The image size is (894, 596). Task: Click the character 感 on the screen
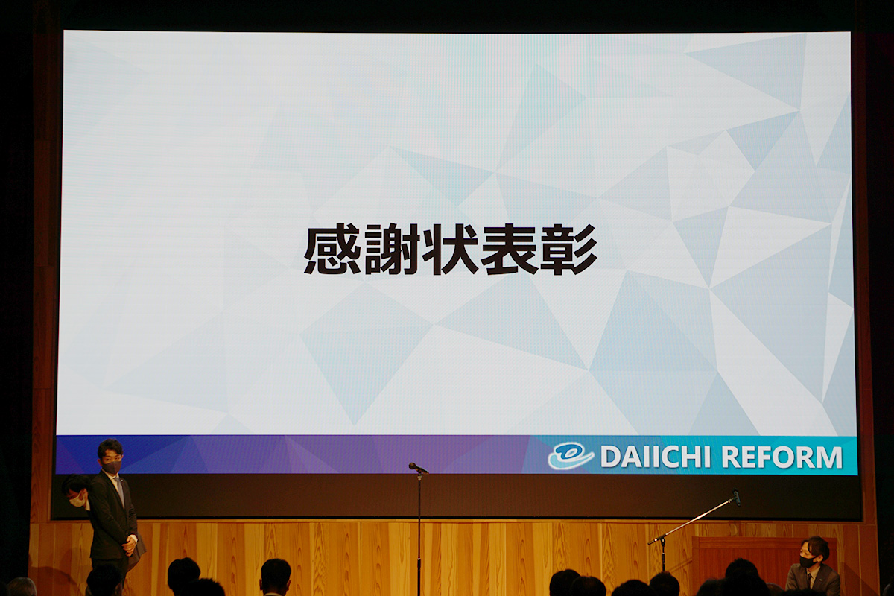click(x=332, y=249)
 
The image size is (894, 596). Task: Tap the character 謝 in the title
click(x=392, y=249)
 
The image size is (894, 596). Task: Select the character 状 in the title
click(x=450, y=249)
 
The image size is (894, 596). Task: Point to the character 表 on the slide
click(x=510, y=249)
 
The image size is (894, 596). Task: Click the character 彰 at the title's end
click(x=568, y=249)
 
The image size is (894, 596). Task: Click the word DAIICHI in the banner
click(x=656, y=457)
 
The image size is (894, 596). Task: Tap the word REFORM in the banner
click(x=782, y=457)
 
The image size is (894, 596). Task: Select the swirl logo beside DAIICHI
click(x=571, y=456)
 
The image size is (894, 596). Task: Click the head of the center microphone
click(x=415, y=466)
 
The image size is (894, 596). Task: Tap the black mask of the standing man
click(x=113, y=466)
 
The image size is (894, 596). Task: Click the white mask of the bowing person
click(x=77, y=500)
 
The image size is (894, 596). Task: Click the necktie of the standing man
click(x=120, y=490)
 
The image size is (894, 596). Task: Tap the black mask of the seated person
click(x=807, y=561)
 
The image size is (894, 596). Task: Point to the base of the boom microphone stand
click(x=663, y=556)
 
